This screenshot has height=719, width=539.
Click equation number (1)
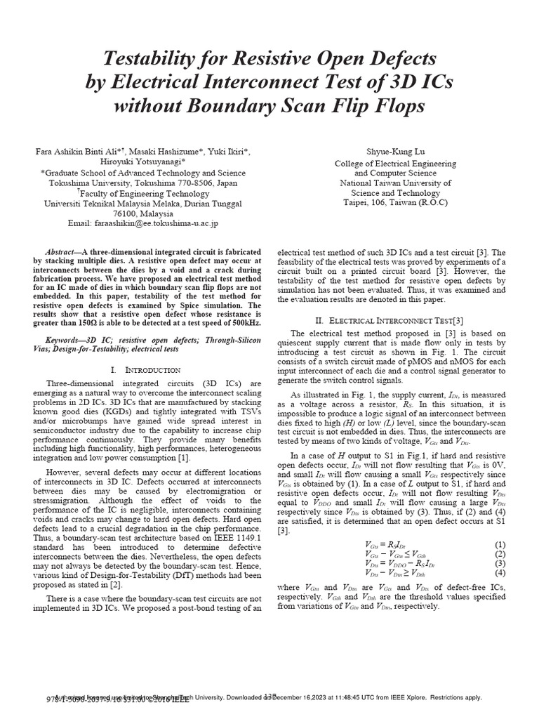click(500, 544)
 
